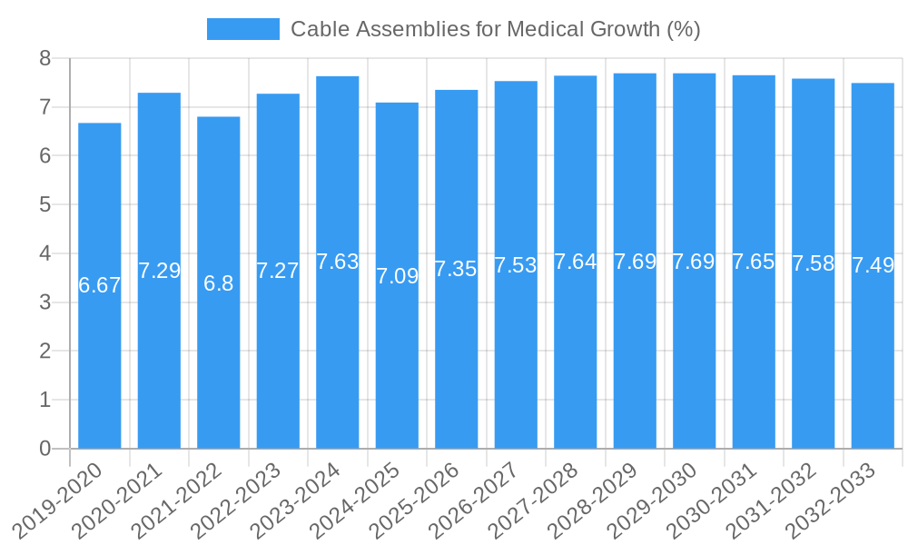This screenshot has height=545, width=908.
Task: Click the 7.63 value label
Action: coord(338,262)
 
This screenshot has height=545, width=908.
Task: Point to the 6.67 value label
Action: coord(100,285)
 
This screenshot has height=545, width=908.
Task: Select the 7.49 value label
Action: coord(873,265)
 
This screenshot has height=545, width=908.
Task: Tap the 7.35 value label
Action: coord(456,269)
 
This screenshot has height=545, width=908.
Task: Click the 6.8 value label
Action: coord(219,282)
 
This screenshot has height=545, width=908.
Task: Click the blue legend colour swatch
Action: coord(242,29)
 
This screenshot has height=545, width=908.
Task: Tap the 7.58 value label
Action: coord(814,263)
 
